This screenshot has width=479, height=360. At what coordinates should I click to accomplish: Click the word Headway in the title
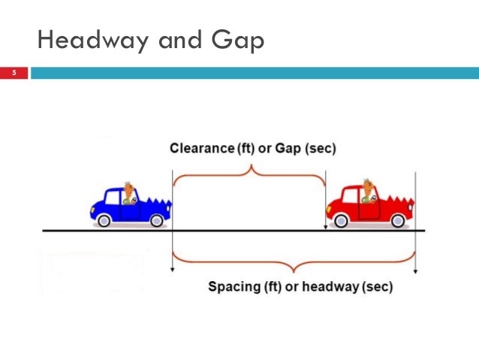pos(93,41)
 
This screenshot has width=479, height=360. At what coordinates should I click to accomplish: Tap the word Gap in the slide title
pos(238,41)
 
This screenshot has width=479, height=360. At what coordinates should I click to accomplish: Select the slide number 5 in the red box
pos(14,73)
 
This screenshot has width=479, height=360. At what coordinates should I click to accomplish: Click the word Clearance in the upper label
pos(202,148)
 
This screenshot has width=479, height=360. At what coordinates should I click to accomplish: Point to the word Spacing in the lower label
pos(234,287)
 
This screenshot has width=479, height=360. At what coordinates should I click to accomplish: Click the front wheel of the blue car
pos(157,220)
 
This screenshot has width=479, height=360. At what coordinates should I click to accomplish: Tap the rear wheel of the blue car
pos(104,220)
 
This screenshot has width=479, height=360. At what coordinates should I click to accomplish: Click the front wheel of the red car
pos(398,220)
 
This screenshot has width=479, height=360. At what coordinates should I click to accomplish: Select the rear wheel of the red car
pos(341,220)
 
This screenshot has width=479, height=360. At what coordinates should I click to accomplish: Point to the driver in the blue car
pos(130,193)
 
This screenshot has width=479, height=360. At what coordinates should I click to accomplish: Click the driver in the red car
pos(369,192)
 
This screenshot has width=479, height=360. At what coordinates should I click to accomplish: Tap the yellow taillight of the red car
pos(329,210)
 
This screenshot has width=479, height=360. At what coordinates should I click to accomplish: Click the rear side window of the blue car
pos(113,198)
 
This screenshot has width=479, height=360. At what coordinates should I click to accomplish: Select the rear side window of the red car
pos(350,195)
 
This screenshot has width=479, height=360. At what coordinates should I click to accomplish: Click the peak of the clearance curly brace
pos(252,165)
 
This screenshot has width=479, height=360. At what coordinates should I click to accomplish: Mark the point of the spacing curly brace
pos(294,271)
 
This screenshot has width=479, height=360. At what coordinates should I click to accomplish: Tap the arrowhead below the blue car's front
pos(172,270)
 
